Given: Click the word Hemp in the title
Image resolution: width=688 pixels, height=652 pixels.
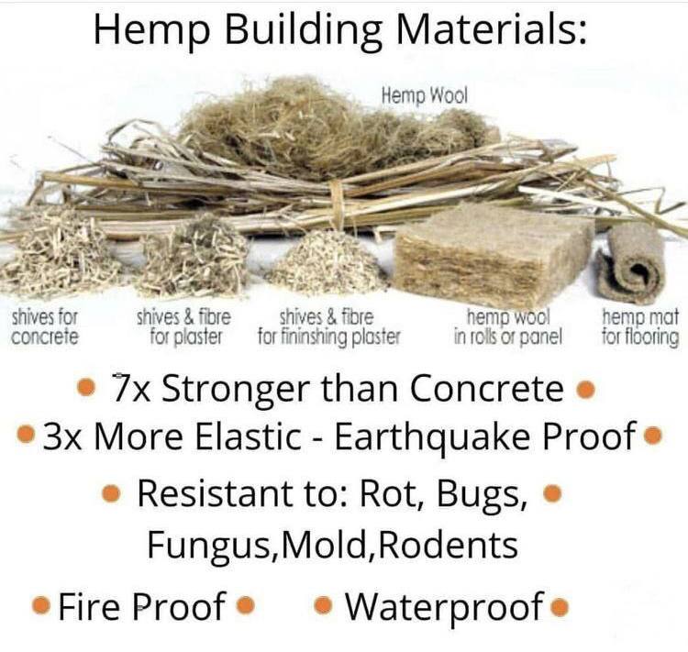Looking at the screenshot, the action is (151, 31).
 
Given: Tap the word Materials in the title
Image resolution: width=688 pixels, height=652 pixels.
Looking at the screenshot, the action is (491, 29).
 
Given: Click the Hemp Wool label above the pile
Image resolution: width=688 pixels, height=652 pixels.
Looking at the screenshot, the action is (425, 96).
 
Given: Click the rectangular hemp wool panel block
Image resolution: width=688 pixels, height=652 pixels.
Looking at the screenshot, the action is (494, 255).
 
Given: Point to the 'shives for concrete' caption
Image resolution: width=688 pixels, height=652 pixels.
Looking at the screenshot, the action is (45, 326).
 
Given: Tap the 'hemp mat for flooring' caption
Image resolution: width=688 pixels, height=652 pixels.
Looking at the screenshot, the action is (640, 326).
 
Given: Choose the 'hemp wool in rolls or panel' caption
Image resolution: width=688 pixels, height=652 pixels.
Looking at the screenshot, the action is (508, 326).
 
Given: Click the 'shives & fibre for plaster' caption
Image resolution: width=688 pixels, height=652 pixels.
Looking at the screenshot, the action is (183, 326).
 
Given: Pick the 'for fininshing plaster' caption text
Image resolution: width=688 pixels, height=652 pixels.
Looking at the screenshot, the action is (329, 337).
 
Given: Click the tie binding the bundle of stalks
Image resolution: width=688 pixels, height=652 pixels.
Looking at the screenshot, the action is (337, 204).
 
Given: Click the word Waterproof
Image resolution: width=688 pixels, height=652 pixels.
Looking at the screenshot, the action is (445, 607).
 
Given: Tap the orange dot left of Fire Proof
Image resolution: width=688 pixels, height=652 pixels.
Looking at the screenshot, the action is (40, 605).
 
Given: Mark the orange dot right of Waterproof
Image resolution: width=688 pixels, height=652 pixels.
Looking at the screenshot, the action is (560, 608).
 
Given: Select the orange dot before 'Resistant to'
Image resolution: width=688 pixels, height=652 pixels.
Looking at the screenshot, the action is (111, 493).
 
